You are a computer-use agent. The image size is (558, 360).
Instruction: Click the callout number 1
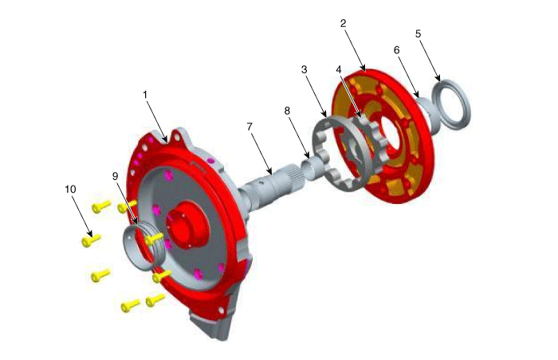point(145,95)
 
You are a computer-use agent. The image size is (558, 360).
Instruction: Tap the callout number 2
point(343,23)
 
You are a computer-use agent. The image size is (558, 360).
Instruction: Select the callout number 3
point(304,69)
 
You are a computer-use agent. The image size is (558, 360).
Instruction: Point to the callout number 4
point(339,68)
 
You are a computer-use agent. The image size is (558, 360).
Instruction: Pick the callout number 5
point(418,33)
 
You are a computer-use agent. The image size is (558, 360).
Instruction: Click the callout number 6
point(397,50)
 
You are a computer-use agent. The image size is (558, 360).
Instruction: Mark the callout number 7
point(249,127)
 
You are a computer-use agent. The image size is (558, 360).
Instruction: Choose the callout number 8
point(287,111)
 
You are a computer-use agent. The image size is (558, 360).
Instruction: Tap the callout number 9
point(115,176)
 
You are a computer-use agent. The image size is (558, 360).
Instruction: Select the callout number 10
point(70,190)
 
